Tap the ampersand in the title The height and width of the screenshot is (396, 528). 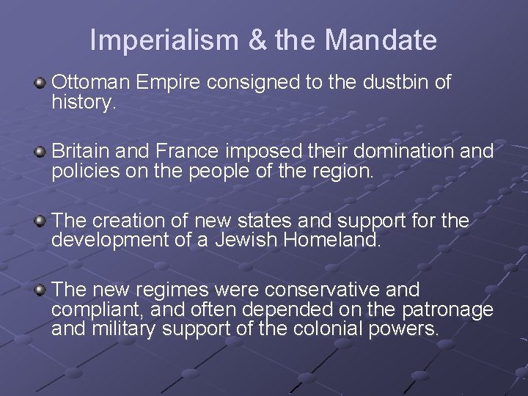(259, 40)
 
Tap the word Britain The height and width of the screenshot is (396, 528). (80, 152)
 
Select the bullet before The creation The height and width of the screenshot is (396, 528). (41, 219)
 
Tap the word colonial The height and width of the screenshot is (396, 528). (321, 329)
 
